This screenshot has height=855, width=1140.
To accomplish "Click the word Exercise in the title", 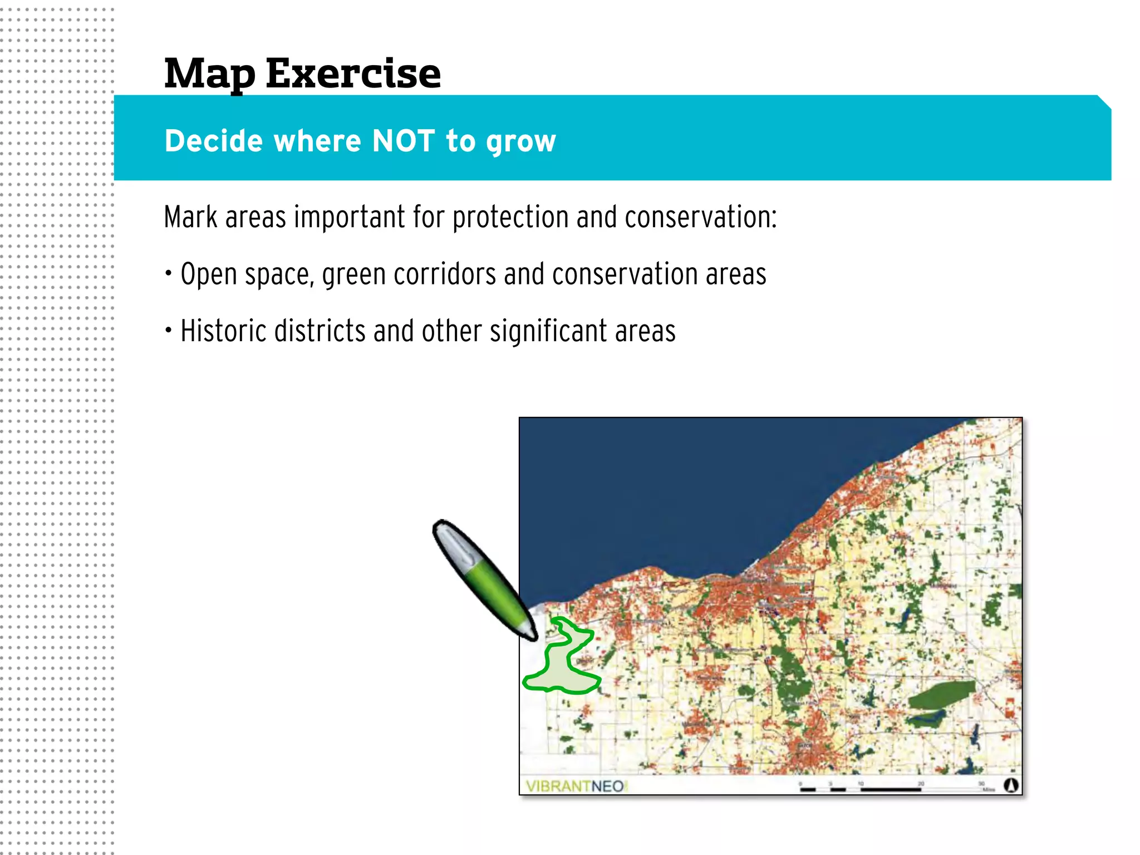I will coord(353,73).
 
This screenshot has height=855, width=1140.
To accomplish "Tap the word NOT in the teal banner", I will coord(403,140).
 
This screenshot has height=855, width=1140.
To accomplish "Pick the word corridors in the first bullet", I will coord(445,274).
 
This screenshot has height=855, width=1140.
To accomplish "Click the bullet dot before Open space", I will coord(169,273).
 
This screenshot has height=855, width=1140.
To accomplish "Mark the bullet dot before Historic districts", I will coord(169,330).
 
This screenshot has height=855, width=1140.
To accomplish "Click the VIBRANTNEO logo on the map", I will coord(576,786).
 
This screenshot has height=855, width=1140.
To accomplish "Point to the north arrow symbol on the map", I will coord(1011,785).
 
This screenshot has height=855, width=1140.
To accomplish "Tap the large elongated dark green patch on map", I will coord(941,694).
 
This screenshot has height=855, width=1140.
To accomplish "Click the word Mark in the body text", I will coord(190,217).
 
